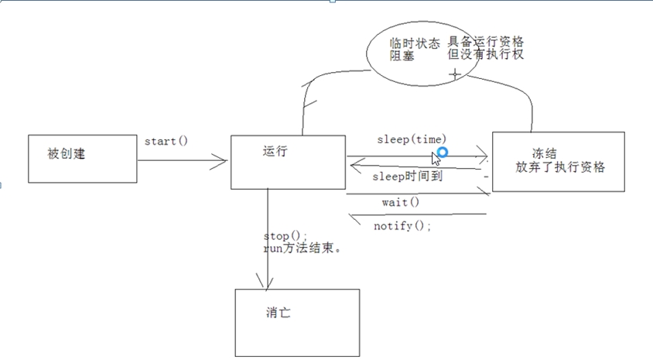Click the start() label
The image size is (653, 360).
(x=166, y=141)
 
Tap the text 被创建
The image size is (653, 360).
(x=67, y=154)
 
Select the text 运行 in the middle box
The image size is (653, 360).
(x=275, y=151)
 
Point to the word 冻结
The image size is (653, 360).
(x=544, y=153)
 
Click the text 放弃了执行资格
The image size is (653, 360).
(x=560, y=167)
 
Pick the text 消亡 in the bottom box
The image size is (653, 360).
(x=279, y=313)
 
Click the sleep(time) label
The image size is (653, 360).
(x=412, y=139)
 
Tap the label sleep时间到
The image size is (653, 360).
(x=407, y=177)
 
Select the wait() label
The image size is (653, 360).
(x=401, y=203)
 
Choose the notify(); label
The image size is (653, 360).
(x=402, y=226)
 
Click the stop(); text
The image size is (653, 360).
(x=285, y=236)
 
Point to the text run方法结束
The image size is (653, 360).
(x=302, y=249)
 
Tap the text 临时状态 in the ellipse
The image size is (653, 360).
(x=415, y=43)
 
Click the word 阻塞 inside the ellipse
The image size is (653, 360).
(x=402, y=56)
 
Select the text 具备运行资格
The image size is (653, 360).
(x=486, y=42)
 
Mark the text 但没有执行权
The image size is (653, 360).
(x=486, y=54)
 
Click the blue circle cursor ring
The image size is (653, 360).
(x=443, y=153)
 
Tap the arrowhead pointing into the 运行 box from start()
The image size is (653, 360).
(x=220, y=161)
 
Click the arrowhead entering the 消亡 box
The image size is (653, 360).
(x=265, y=282)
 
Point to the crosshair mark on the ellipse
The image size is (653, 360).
(x=455, y=75)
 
